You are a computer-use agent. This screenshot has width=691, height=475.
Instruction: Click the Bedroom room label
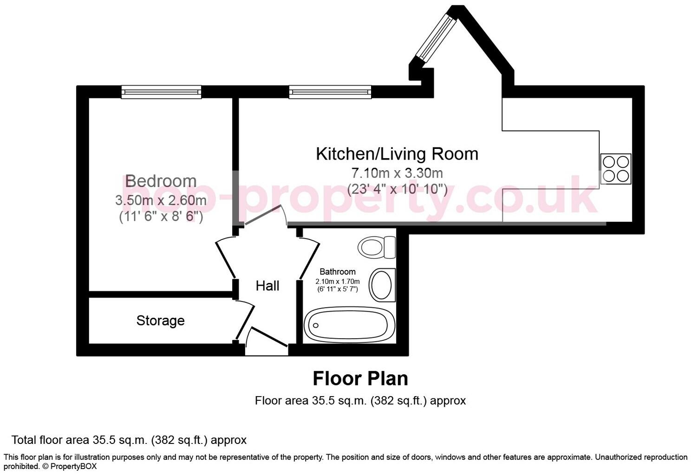161,181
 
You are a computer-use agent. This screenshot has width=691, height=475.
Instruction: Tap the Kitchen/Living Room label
397,154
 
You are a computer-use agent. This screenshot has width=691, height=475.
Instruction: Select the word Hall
267,286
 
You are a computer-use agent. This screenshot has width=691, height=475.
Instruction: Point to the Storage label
160,321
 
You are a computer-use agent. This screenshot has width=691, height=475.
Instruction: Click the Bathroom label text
338,272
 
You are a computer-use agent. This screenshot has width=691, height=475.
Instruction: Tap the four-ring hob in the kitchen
615,169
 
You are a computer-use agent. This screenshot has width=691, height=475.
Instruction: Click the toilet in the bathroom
377,247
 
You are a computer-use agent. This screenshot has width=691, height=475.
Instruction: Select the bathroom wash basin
382,285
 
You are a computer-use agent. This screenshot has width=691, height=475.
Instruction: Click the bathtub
350,325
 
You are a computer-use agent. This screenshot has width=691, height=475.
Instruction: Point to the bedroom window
161,92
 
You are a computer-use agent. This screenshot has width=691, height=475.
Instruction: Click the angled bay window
436,37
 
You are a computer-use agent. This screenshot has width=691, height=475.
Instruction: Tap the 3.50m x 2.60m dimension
161,200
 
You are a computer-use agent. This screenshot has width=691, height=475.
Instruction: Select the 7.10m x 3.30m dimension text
397,173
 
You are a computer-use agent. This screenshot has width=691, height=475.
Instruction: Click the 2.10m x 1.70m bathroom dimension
338,281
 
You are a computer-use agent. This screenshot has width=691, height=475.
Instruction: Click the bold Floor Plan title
360,379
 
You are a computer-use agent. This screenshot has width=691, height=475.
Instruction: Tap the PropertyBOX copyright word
73,466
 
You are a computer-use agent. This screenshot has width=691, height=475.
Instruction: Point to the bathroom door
309,259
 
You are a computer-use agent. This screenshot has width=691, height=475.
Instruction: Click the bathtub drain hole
316,325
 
